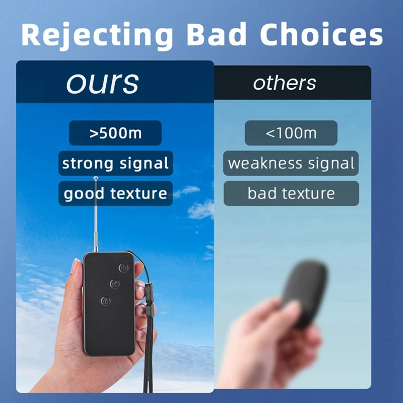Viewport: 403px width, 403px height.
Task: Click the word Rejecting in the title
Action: point(97,35)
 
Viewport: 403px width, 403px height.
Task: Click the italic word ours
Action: point(103,83)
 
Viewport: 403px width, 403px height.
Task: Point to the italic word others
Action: point(285,83)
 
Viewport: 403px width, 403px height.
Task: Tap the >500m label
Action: point(115,133)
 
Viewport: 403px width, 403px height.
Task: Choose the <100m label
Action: point(291,133)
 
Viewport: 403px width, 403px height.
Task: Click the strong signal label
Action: point(116,163)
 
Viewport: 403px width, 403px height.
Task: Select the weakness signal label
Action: point(291,163)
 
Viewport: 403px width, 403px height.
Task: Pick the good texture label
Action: point(116,193)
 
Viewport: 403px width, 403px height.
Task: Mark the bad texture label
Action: point(291,193)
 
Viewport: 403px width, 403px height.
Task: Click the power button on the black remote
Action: point(123,268)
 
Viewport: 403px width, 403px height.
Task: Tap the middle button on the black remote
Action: point(115,284)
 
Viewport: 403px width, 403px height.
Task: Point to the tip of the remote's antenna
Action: point(96,178)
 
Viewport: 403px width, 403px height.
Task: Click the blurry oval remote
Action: point(305,293)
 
